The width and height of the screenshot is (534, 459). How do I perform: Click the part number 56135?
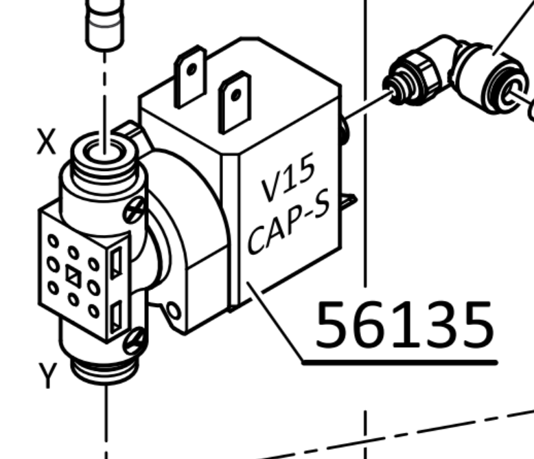click(404, 324)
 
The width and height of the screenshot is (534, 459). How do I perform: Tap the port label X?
click(45, 142)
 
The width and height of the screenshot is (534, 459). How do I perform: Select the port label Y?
click(47, 376)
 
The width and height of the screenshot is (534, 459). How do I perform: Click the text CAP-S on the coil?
click(288, 221)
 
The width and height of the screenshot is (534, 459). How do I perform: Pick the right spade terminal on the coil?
click(233, 101)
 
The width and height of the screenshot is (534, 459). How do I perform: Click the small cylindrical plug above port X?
click(104, 23)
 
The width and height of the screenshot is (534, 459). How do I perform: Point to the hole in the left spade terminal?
click(192, 69)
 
